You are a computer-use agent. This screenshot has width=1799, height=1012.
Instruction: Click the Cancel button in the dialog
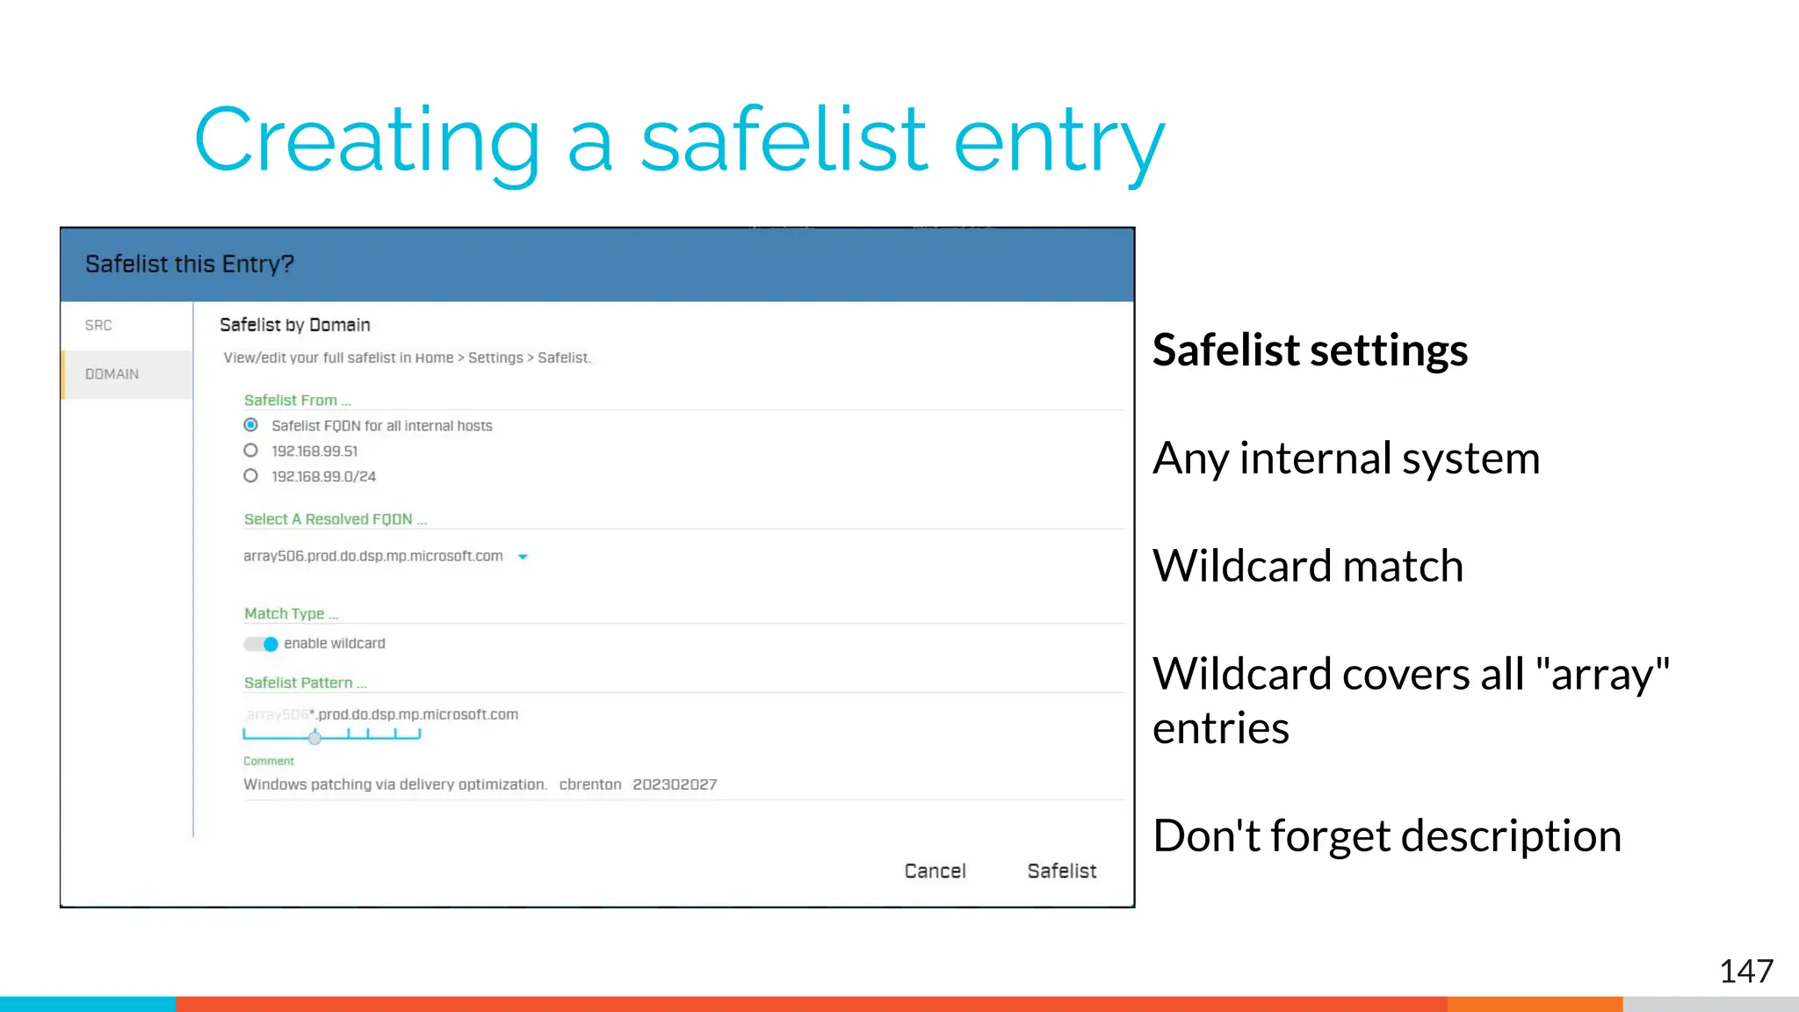pyautogui.click(x=935, y=871)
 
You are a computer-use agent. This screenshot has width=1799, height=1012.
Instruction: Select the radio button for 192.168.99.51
pyautogui.click(x=251, y=451)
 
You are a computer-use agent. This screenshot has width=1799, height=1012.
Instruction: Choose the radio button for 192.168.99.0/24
pyautogui.click(x=251, y=476)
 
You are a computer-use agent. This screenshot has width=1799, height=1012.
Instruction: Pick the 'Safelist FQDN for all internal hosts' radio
pyautogui.click(x=251, y=425)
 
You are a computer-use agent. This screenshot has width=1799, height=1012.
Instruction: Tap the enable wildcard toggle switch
pyautogui.click(x=262, y=644)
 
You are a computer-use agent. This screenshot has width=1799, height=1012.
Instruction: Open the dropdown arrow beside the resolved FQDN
pyautogui.click(x=523, y=557)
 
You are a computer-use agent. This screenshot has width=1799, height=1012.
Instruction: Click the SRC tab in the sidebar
pyautogui.click(x=98, y=325)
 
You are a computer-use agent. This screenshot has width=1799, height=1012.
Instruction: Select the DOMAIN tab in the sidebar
pyautogui.click(x=112, y=374)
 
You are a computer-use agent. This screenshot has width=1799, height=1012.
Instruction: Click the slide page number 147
pyautogui.click(x=1745, y=972)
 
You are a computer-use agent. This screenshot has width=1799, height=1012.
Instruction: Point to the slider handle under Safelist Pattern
pyautogui.click(x=314, y=738)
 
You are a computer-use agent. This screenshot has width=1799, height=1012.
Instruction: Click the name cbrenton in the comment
pyautogui.click(x=589, y=784)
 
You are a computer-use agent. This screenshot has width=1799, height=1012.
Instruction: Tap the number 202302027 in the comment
pyautogui.click(x=675, y=784)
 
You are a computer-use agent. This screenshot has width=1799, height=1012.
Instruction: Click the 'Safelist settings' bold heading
pyautogui.click(x=1310, y=350)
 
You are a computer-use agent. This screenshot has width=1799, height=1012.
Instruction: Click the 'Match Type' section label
pyautogui.click(x=285, y=613)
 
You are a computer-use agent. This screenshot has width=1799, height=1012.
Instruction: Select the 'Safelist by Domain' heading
pyautogui.click(x=294, y=325)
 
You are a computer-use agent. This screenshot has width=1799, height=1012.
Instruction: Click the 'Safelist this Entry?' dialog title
pyautogui.click(x=189, y=264)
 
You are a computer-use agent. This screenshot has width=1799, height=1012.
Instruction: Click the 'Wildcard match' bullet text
pyautogui.click(x=1307, y=566)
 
